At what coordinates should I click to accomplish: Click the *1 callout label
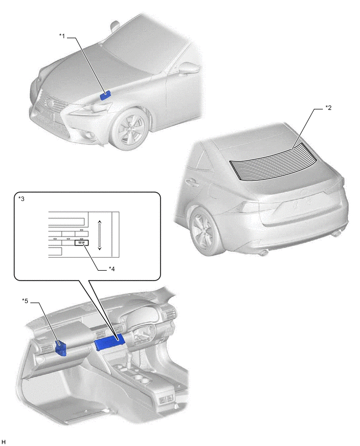62,36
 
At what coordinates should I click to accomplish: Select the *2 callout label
329,108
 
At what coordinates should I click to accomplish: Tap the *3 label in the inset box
21,198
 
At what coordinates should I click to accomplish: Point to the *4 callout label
112,269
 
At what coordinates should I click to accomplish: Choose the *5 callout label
25,301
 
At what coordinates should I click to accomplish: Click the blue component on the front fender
105,95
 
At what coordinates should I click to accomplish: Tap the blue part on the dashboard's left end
61,348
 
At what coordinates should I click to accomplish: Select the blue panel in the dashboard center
109,342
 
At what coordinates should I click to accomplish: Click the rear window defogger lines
274,162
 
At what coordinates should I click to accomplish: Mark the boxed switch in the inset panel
82,242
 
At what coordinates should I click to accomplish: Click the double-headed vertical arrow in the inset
99,235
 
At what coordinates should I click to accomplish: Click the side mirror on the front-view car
187,68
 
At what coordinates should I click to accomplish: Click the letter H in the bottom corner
4,442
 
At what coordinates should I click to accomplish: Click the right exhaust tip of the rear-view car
337,234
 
